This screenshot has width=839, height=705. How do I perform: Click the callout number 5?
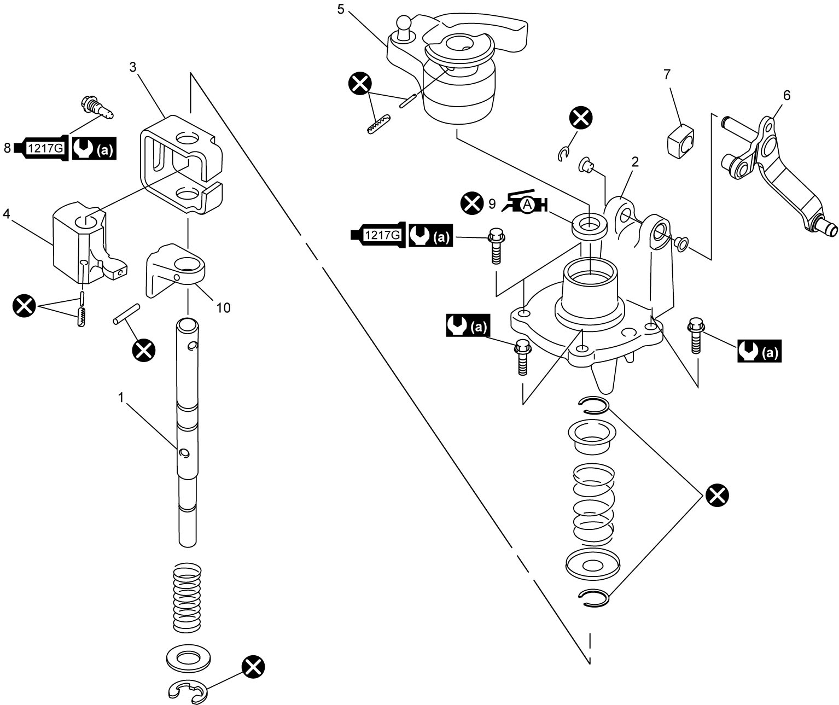pos(341,9)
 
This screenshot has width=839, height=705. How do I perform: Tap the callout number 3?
pos(133,67)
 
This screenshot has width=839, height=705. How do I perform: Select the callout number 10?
pos(223,308)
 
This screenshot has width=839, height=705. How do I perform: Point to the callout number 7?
pos(667,74)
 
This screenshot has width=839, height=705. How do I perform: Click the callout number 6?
pos(786,95)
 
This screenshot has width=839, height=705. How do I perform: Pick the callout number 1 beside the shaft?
pos(120,398)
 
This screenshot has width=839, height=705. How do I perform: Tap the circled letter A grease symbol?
pos(527,206)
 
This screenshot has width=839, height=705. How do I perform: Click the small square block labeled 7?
pos(681,142)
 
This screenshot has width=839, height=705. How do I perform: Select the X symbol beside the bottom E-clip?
pos(253,667)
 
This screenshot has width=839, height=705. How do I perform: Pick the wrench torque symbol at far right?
pos(759,351)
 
